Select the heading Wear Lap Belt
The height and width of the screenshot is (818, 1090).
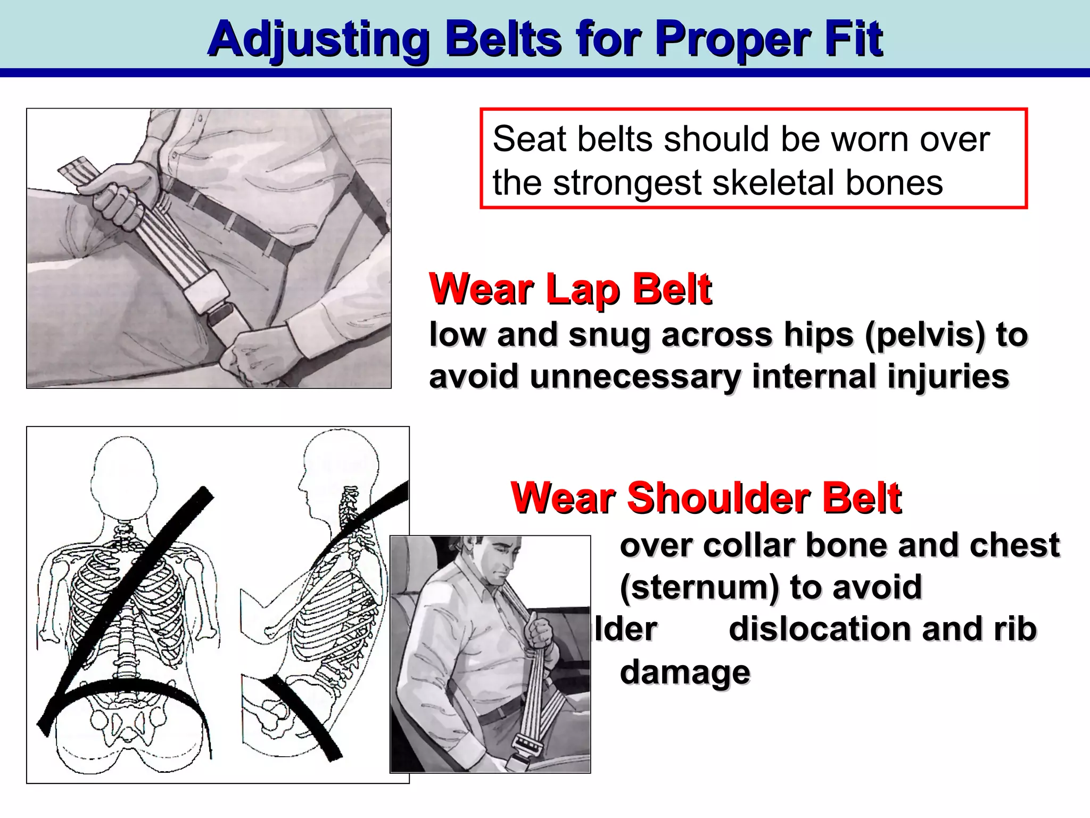tap(570, 289)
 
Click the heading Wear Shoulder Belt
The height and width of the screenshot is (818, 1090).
tap(706, 498)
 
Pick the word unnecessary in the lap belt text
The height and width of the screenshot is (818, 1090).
tap(635, 377)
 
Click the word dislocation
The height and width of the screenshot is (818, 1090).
tap(820, 629)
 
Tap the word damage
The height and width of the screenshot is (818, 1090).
tap(685, 672)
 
